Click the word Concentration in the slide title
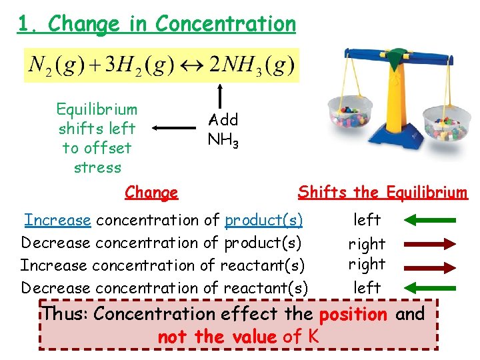(x=225, y=24)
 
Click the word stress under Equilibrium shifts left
(x=97, y=167)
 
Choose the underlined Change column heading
(x=151, y=193)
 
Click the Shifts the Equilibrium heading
(x=382, y=193)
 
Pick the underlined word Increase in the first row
(x=57, y=220)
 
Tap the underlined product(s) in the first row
(x=263, y=220)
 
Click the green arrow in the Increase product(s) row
(x=431, y=219)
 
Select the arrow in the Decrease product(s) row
(x=431, y=243)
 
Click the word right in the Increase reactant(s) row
(x=367, y=264)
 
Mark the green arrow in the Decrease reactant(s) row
(x=431, y=288)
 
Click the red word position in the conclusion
(x=353, y=313)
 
